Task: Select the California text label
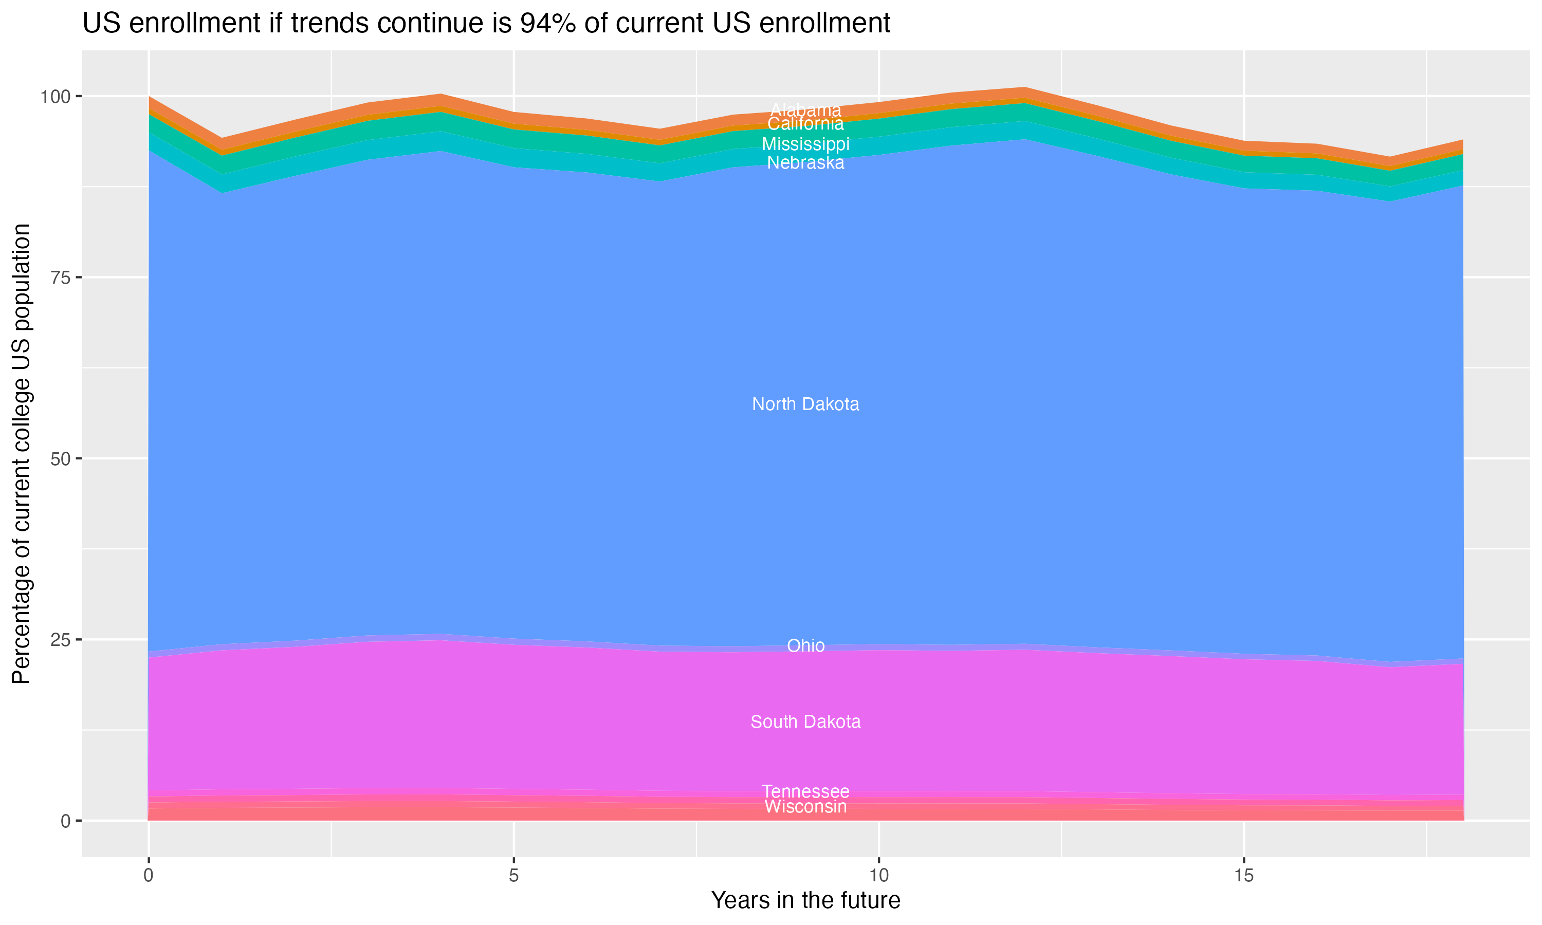click(x=805, y=124)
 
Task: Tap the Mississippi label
click(x=805, y=144)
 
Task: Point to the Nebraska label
click(x=805, y=163)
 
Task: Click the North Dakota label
click(x=805, y=404)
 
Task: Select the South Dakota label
click(x=805, y=722)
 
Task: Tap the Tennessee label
click(x=805, y=791)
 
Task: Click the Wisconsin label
click(x=805, y=807)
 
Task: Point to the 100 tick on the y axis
click(x=56, y=97)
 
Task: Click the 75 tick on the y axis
click(x=61, y=277)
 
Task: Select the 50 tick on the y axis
click(x=61, y=459)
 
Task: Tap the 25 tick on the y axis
click(x=61, y=639)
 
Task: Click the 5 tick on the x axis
click(x=513, y=876)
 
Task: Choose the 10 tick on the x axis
click(x=878, y=876)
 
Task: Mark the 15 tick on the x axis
click(x=1243, y=876)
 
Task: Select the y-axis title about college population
click(x=21, y=454)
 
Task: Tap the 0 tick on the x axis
click(x=149, y=876)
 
